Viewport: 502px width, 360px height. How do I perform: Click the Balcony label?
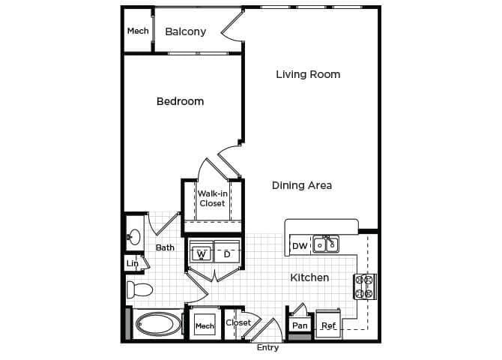[185, 31]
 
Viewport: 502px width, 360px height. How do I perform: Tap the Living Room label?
[308, 74]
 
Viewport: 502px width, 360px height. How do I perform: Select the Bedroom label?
[180, 101]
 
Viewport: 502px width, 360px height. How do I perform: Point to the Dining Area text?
[301, 185]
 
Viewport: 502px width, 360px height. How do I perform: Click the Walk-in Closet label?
[212, 198]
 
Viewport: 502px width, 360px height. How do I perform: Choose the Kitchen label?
[309, 277]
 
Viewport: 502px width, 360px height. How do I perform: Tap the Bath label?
[165, 247]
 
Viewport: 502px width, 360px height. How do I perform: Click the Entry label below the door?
[267, 348]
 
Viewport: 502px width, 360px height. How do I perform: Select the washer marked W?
[201, 254]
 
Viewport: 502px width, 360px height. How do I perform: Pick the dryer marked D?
[227, 254]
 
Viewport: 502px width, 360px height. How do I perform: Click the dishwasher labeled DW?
[299, 245]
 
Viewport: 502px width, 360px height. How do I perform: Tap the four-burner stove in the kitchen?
[364, 286]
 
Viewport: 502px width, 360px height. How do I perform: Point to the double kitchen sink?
[326, 244]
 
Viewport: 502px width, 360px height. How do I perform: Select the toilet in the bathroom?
[139, 289]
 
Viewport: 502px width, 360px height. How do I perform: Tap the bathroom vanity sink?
[134, 238]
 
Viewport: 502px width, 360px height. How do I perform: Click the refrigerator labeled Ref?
[328, 325]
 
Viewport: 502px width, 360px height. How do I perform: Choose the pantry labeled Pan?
[300, 325]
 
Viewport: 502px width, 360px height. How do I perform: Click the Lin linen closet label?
[133, 263]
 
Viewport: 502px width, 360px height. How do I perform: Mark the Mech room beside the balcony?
[138, 31]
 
